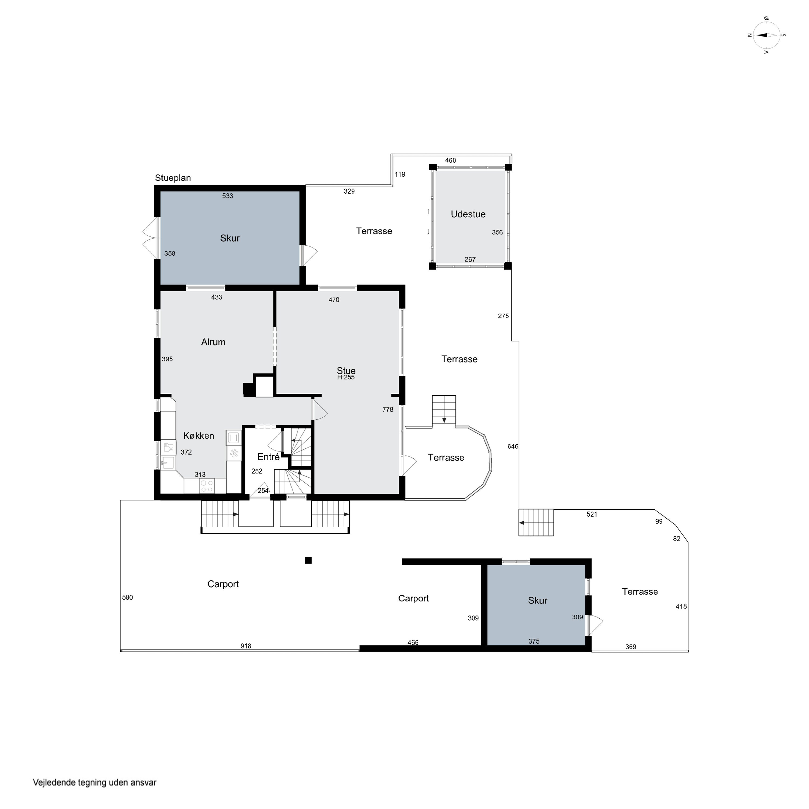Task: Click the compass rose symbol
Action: pos(766,35)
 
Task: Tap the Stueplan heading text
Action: pos(173,178)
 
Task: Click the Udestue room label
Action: pos(468,214)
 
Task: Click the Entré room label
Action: pos(268,457)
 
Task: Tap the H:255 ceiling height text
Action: pos(346,377)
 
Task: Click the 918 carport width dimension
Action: pos(246,646)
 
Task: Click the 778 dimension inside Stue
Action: pos(388,410)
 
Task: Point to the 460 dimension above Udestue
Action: pos(451,160)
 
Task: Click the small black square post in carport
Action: pos(308,560)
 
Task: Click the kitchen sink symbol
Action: pos(167,462)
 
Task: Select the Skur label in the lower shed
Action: pos(538,601)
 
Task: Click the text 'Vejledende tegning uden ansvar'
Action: pos(95,783)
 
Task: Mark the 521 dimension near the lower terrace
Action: pos(592,515)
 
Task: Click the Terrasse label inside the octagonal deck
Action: pos(446,458)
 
